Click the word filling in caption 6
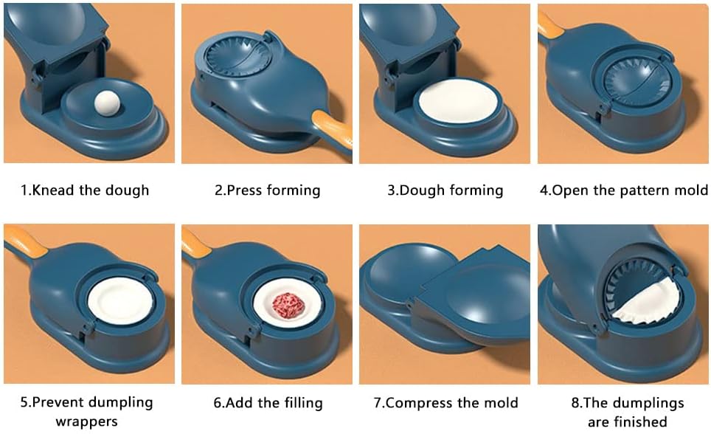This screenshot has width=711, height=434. click(299, 402)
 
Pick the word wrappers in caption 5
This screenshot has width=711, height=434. click(86, 421)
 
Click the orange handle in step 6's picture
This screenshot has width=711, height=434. click(195, 240)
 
